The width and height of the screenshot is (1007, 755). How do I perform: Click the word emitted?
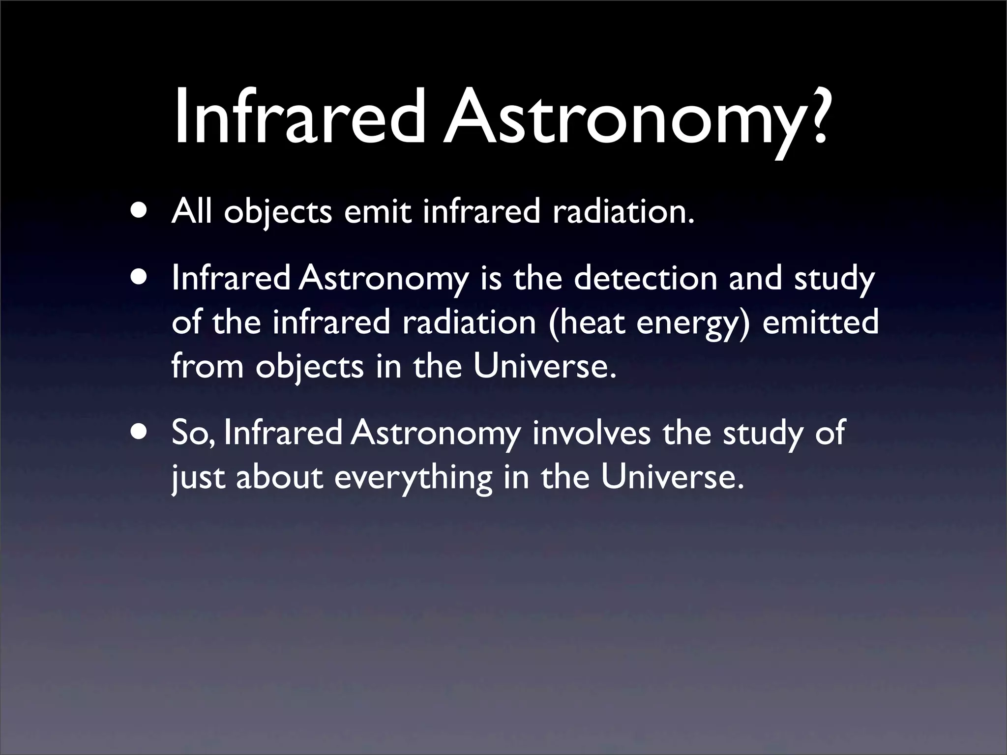[x=820, y=322]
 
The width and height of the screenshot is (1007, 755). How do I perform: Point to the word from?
[x=207, y=366]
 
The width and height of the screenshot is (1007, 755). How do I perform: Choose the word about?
[x=280, y=477]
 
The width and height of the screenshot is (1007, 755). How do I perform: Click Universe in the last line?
[x=671, y=477]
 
